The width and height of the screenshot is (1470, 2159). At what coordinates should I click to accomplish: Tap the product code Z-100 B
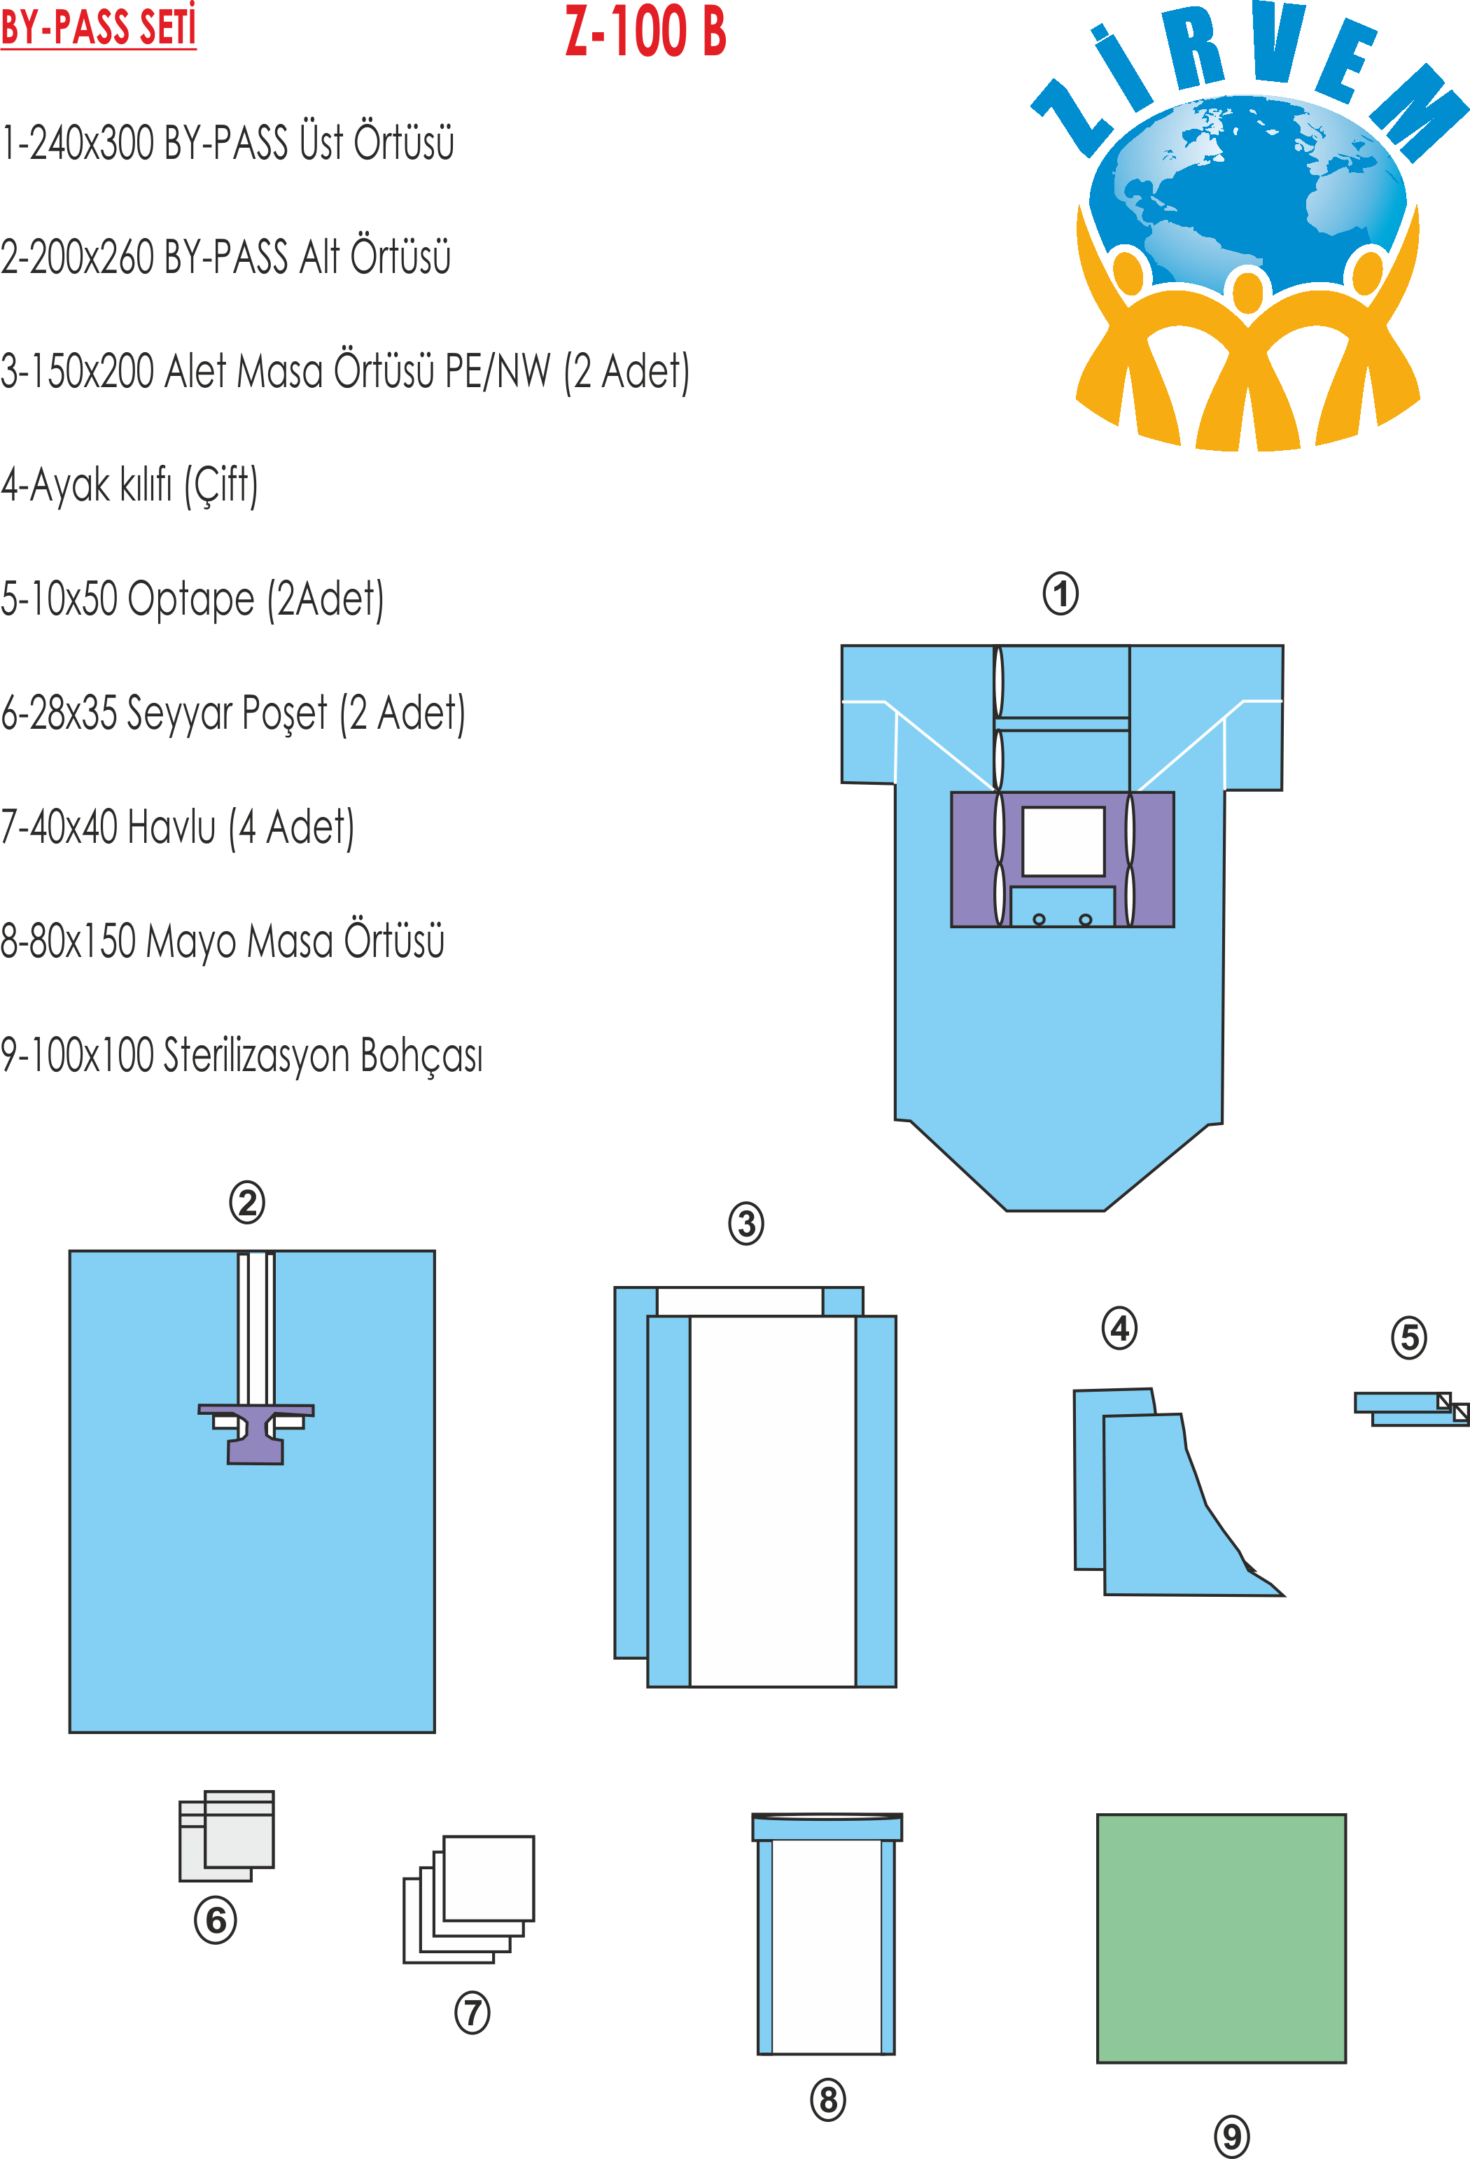[x=646, y=32]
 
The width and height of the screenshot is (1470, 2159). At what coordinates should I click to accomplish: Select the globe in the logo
[x=1254, y=186]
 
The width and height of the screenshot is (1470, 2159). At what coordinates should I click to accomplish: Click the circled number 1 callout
[x=1060, y=594]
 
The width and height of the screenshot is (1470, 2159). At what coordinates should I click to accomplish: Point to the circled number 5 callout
[x=1408, y=1338]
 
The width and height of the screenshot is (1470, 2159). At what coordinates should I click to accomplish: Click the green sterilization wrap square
[x=1221, y=1938]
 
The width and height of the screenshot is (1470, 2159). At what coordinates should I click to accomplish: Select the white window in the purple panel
[x=1063, y=841]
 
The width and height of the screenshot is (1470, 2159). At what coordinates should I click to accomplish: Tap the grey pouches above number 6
[x=227, y=1836]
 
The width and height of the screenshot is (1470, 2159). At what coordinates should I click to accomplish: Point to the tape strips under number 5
[x=1410, y=1409]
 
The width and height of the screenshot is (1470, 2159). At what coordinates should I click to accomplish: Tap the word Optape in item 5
[x=190, y=599]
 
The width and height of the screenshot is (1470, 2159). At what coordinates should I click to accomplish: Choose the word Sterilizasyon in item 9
[x=255, y=1055]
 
